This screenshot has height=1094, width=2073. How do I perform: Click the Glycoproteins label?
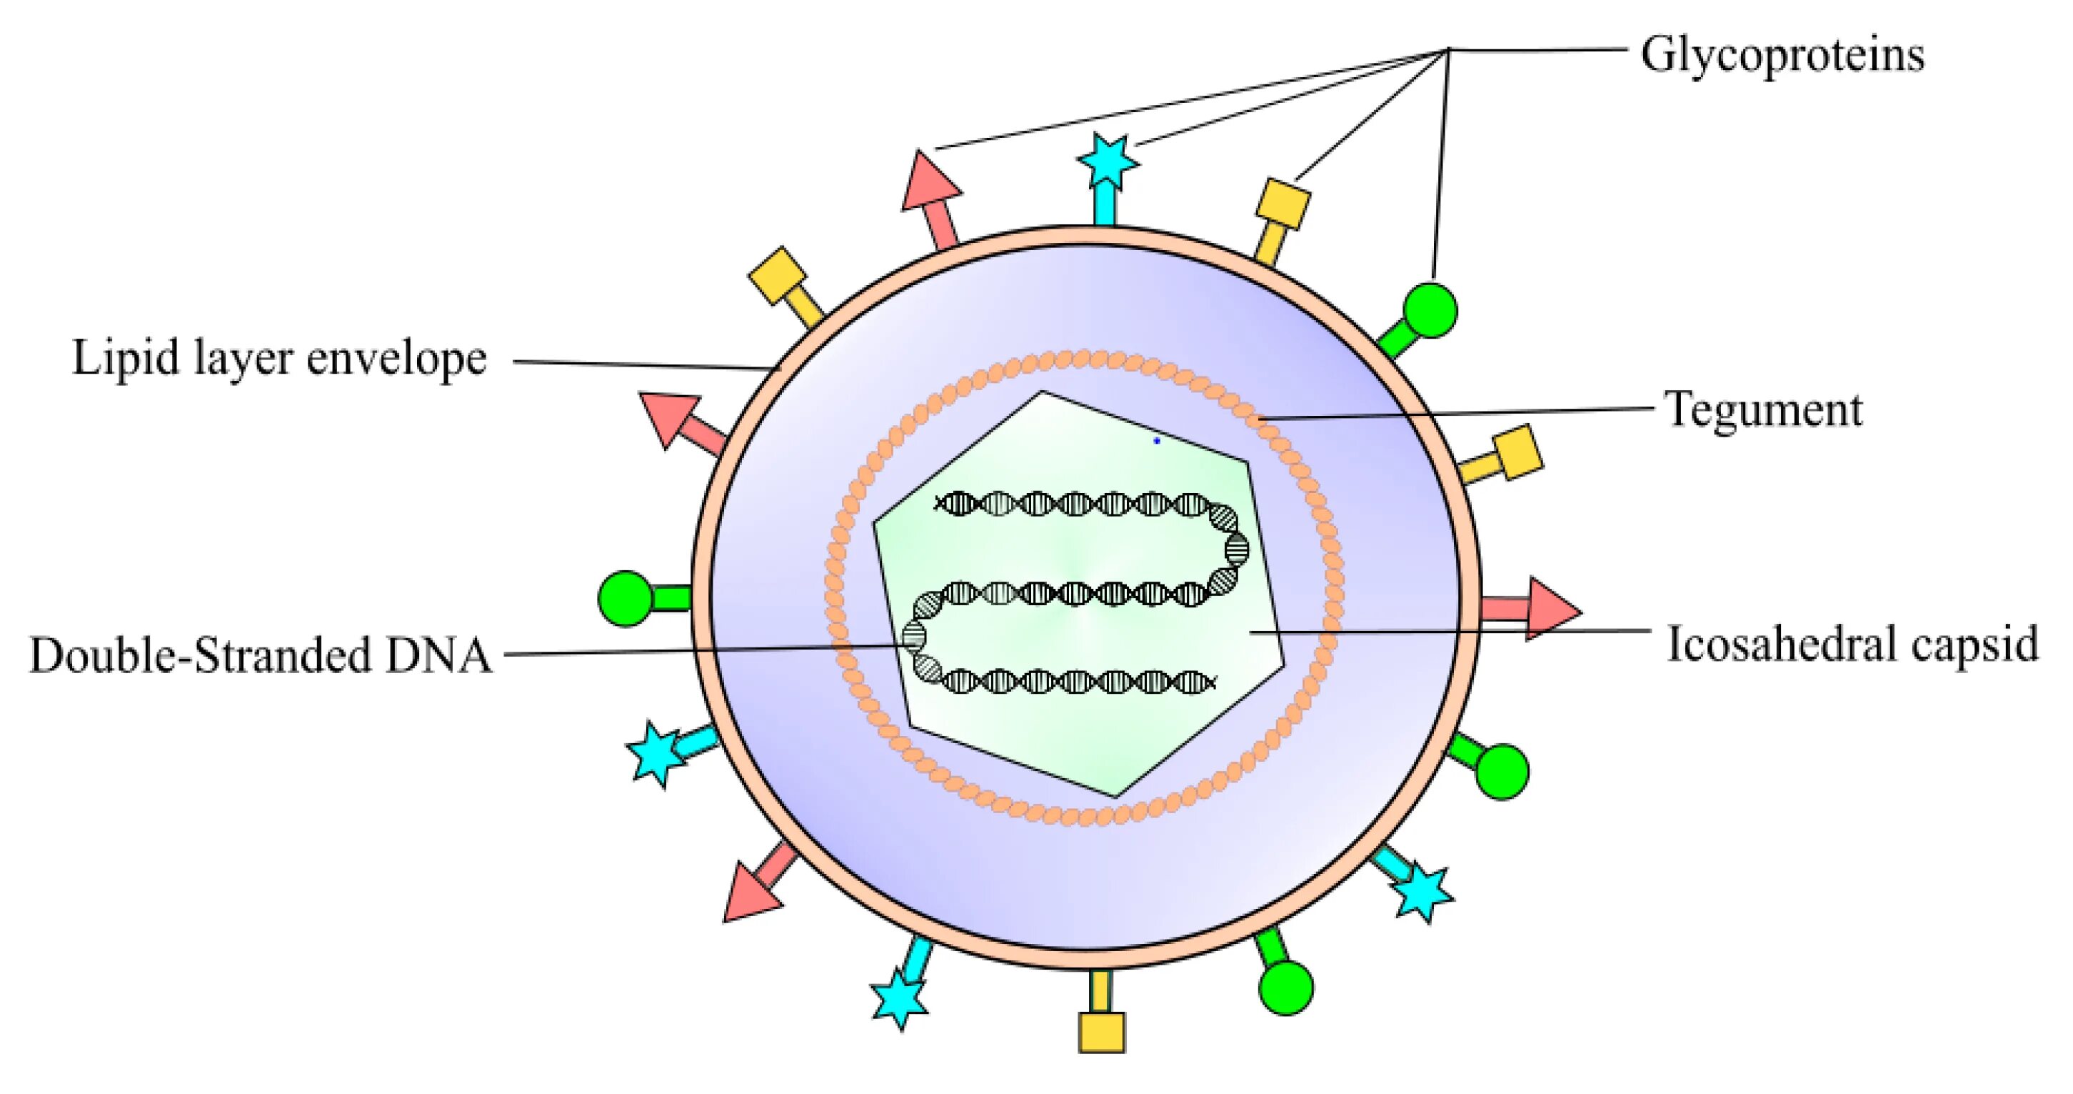click(1782, 55)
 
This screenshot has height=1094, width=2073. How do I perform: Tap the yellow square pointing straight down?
click(1102, 1032)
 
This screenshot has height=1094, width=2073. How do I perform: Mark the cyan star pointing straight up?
click(1108, 161)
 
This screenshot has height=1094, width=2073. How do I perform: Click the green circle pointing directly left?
click(626, 598)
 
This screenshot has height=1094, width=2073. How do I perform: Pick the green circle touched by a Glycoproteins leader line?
click(1430, 309)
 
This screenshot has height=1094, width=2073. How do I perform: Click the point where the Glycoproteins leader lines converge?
click(1448, 50)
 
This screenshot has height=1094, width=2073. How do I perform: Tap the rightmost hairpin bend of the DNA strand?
click(1237, 547)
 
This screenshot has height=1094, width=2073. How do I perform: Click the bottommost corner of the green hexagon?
click(1116, 797)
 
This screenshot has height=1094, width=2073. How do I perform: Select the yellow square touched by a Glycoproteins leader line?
click(1283, 203)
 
